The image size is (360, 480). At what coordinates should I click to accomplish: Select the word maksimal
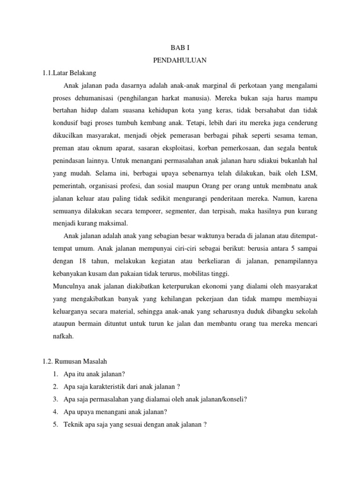(114, 223)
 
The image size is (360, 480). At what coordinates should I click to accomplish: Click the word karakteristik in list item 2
(107, 386)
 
